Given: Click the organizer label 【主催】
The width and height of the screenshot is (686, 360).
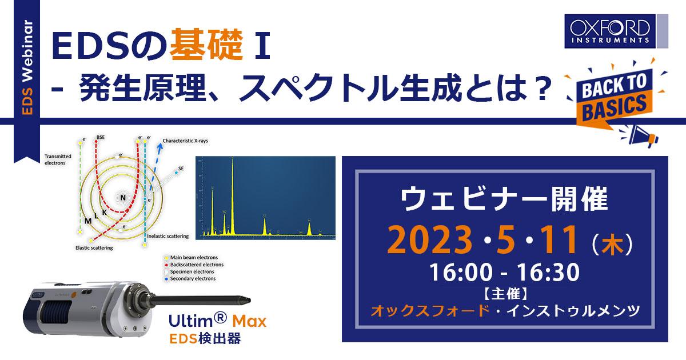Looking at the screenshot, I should [504, 295].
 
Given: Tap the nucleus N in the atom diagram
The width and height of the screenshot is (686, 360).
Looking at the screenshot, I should [121, 197].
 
